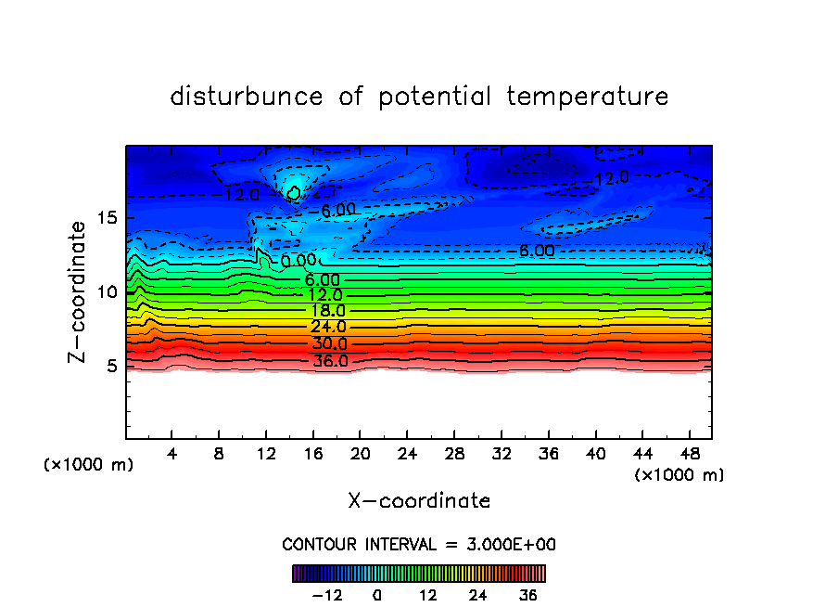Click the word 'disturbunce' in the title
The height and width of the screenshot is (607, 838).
pyautogui.click(x=248, y=97)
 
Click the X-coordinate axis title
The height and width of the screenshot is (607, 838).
pyautogui.click(x=419, y=501)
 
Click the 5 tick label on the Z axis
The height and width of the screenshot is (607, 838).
pyautogui.click(x=113, y=366)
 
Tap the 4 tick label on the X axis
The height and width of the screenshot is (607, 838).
pyautogui.click(x=172, y=455)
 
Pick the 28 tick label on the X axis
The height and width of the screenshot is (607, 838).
pyautogui.click(x=453, y=455)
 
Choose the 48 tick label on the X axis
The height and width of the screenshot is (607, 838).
pyautogui.click(x=688, y=455)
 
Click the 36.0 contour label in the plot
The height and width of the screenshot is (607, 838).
pyautogui.click(x=330, y=361)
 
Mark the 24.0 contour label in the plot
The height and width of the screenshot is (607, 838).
pyautogui.click(x=328, y=328)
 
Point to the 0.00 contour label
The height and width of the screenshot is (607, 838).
pyautogui.click(x=298, y=261)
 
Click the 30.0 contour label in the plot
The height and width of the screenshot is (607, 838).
pyautogui.click(x=329, y=344)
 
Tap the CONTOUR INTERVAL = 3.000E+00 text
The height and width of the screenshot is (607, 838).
pyautogui.click(x=419, y=544)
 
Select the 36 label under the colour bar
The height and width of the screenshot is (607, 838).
pyautogui.click(x=528, y=595)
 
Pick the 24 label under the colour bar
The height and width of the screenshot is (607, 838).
pyautogui.click(x=477, y=595)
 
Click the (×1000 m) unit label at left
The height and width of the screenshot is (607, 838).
pyautogui.click(x=89, y=465)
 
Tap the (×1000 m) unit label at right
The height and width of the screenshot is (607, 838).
pyautogui.click(x=679, y=475)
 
